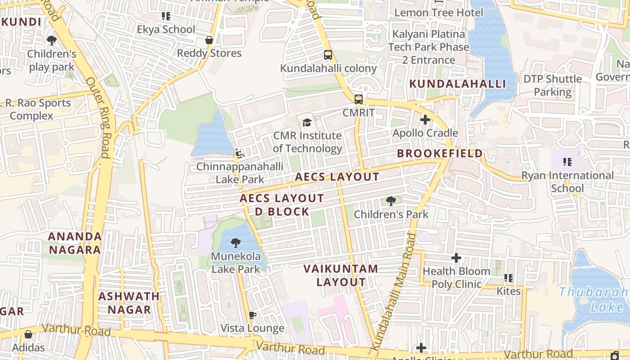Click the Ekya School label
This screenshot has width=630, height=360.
[166, 30]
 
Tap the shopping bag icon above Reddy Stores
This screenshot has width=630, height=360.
[209, 40]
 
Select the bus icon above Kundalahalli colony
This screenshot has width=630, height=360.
[328, 55]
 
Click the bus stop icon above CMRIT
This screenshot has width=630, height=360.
[358, 99]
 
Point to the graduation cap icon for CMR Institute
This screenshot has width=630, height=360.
[307, 122]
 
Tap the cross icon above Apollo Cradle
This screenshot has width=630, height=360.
[425, 120]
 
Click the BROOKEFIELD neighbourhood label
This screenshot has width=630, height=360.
[440, 153]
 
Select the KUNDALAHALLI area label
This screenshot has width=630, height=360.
[458, 84]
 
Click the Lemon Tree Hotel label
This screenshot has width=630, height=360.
[438, 13]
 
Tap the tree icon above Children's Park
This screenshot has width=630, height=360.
[391, 201]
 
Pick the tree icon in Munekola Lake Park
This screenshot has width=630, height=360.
[235, 243]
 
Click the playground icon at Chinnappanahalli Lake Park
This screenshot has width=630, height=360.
[240, 154]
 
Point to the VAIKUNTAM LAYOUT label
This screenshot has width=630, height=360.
[341, 275]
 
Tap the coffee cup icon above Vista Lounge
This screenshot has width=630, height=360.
[252, 315]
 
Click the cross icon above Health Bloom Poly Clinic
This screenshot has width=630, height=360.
[456, 258]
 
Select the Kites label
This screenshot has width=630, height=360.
[508, 291]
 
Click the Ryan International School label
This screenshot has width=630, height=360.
[567, 182]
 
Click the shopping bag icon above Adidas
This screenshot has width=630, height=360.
[28, 334]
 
